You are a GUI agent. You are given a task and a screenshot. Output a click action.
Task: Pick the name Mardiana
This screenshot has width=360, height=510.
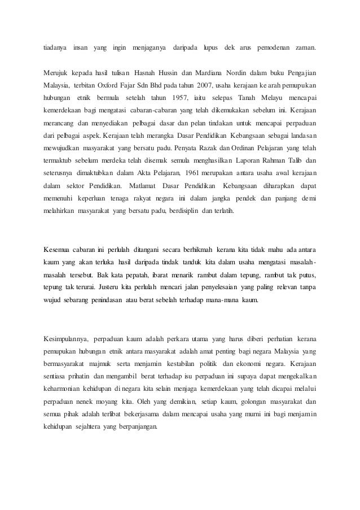coord(209,73)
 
